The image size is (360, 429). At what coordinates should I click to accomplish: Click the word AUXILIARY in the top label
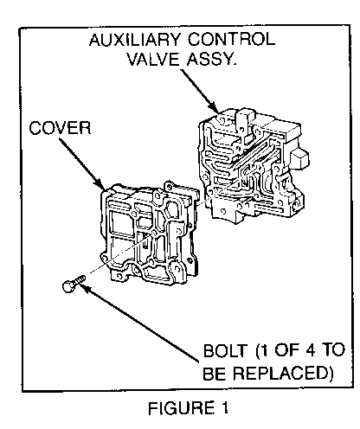coord(135,40)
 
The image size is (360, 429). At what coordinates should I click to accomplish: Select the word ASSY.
coord(211,60)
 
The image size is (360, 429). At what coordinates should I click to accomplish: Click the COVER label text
coord(60,128)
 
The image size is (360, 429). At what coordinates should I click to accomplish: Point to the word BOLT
coord(226,351)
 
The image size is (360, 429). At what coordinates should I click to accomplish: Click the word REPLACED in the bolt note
coord(280,374)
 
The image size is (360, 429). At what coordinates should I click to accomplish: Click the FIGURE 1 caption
coord(189,408)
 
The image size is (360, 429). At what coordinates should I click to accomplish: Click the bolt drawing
coord(74,284)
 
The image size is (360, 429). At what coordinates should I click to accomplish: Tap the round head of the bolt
coord(67,287)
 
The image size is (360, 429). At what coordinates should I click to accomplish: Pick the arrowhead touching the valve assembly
coord(214,107)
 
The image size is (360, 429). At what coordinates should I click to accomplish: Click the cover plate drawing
coord(150,233)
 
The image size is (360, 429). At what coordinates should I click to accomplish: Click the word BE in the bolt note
coord(215,374)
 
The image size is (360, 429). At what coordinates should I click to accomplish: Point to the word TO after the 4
coord(333,350)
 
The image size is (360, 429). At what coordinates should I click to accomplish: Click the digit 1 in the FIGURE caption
coord(224,408)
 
